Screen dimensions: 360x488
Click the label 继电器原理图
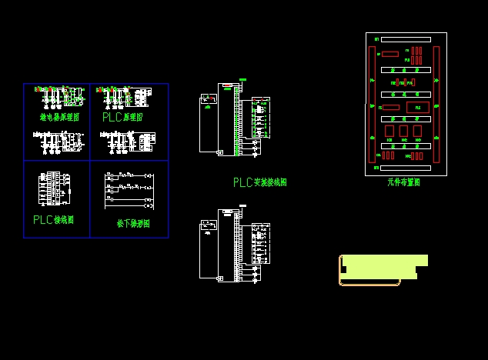tap(59, 118)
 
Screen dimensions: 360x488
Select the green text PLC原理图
tap(122, 118)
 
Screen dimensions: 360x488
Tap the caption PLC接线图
tap(53, 220)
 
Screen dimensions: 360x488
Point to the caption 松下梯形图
tap(133, 224)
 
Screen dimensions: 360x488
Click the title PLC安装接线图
tap(260, 183)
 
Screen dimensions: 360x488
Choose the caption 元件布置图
tap(404, 183)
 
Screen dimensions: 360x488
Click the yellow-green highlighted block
tap(383, 266)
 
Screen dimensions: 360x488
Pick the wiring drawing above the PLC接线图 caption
tap(53, 187)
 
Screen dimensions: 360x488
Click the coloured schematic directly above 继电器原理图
tap(58, 96)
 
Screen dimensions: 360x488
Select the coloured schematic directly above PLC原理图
tap(122, 96)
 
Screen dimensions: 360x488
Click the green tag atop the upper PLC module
tap(243, 79)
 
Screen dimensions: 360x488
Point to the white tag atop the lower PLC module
tap(243, 206)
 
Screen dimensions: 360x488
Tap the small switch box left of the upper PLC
tap(207, 98)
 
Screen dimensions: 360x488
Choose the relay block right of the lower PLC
tap(261, 242)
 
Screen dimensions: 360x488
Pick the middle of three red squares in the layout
tap(403, 132)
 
